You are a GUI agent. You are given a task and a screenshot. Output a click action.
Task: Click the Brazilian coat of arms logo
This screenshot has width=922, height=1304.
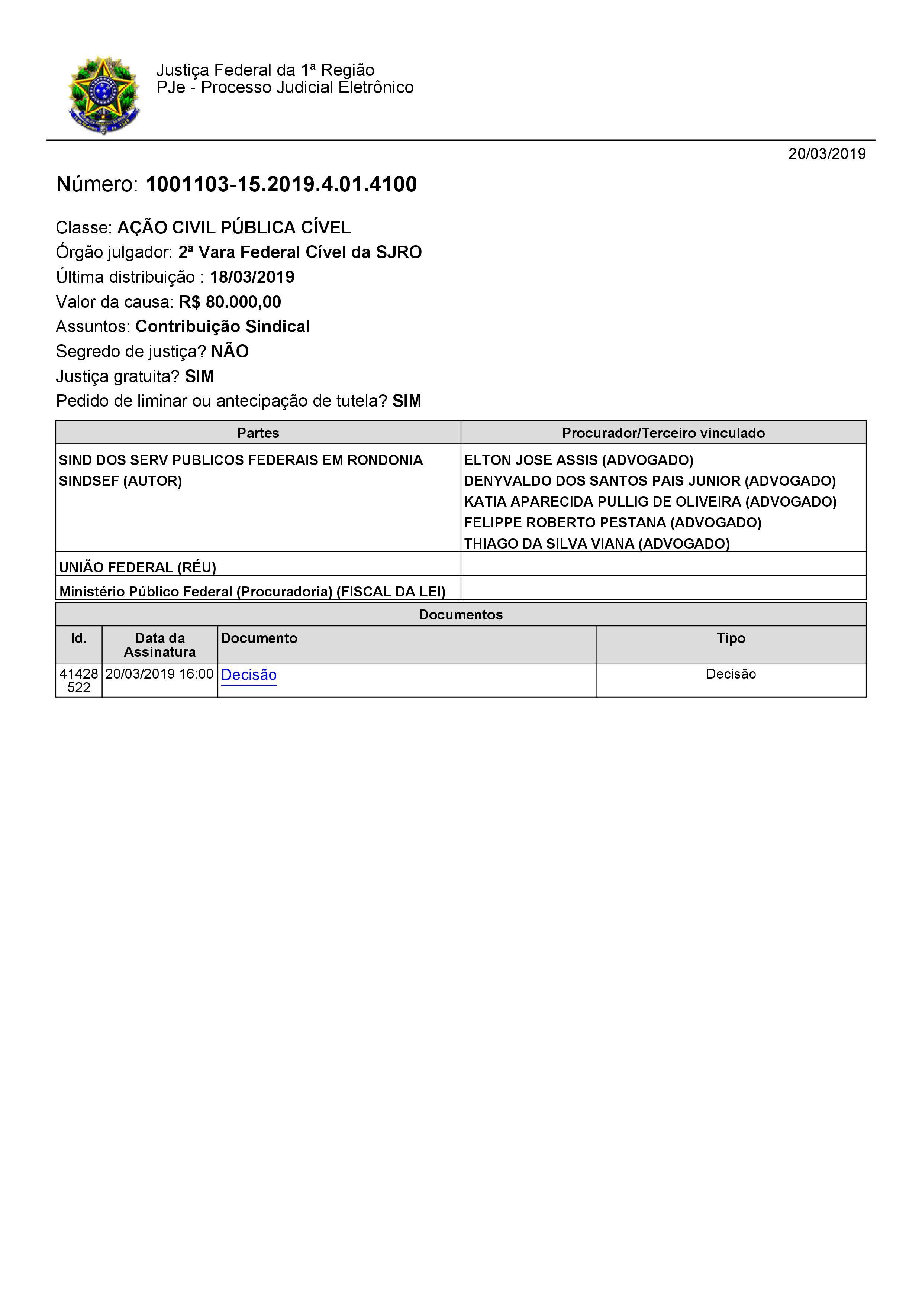click(103, 94)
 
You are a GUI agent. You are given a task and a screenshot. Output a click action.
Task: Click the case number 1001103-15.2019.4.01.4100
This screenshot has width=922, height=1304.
click(281, 185)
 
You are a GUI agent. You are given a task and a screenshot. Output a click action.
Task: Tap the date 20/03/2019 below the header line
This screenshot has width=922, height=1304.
click(826, 154)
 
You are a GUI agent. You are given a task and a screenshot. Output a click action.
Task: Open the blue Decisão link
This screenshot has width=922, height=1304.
click(248, 675)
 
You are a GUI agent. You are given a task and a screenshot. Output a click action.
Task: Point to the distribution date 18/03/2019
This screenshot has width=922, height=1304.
click(252, 277)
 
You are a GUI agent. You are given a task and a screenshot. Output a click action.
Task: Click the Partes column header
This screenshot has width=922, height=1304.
click(258, 433)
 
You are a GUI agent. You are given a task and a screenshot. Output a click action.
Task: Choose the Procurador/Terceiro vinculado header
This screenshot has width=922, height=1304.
click(663, 433)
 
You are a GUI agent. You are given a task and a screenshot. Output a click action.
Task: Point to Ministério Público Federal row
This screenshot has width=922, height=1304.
click(252, 591)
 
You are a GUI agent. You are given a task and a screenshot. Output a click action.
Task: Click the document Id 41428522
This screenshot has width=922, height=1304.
click(78, 680)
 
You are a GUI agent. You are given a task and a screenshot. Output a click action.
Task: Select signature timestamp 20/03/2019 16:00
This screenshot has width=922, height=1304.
click(159, 674)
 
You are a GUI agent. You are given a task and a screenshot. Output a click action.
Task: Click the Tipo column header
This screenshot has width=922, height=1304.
click(731, 638)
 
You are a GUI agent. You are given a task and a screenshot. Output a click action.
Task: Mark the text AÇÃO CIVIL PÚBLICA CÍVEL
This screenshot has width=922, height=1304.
click(234, 228)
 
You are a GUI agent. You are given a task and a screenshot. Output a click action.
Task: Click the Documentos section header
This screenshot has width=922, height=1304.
click(460, 615)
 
